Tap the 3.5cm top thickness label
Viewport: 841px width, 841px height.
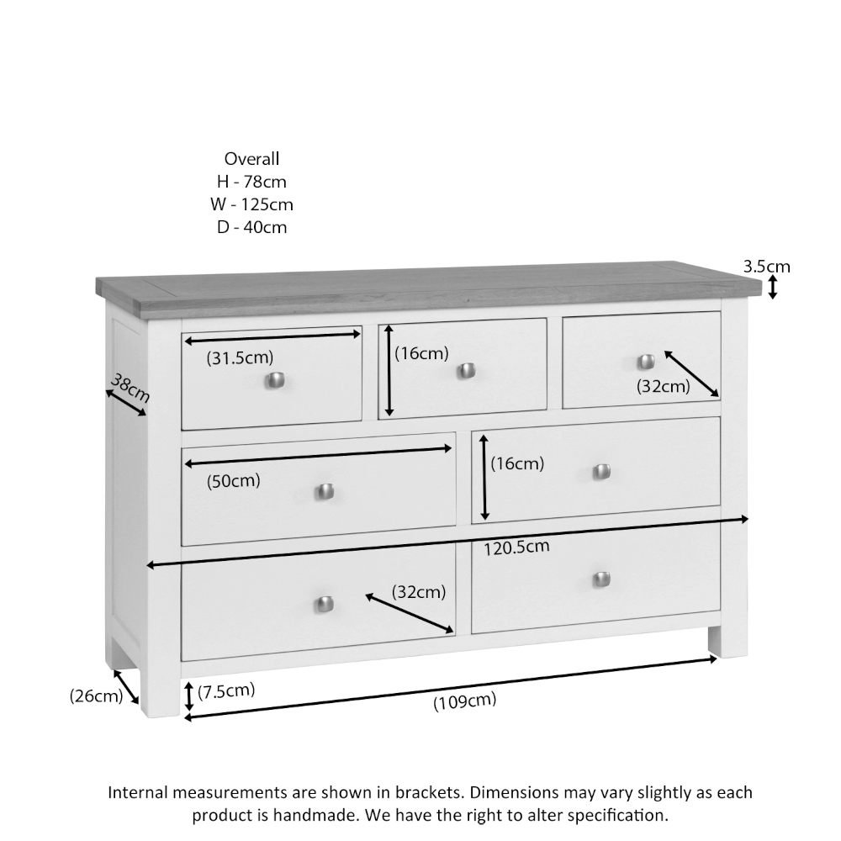[766, 267]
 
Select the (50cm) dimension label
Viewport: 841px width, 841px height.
[234, 481]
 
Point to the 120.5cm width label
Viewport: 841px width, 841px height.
[517, 547]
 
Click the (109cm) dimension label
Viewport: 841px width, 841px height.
[464, 701]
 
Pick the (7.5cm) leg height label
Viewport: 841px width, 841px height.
[226, 690]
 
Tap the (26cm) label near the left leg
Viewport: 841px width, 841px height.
[96, 696]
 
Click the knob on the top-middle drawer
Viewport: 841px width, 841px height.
[467, 370]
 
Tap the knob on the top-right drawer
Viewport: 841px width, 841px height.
[645, 361]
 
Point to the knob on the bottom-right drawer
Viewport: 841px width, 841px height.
[600, 579]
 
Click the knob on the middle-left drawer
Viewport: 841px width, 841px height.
[325, 491]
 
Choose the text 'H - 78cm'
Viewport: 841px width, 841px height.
[251, 182]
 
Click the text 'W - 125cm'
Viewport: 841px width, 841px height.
[251, 204]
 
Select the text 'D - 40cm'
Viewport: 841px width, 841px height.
[251, 227]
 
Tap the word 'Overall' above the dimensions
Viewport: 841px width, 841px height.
[251, 158]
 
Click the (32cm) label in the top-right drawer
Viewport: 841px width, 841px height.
[663, 386]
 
